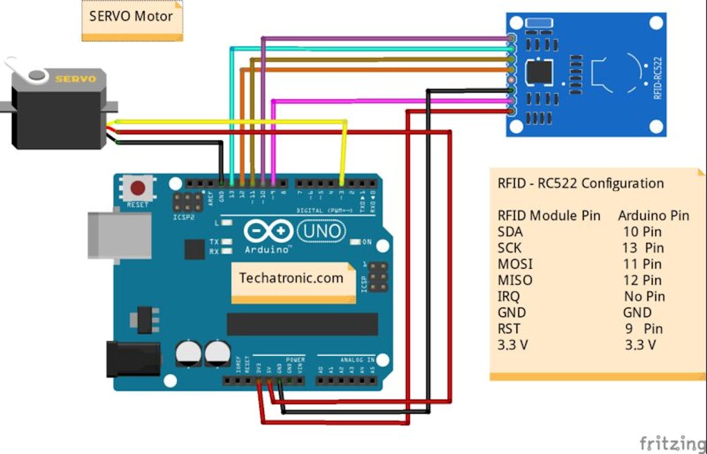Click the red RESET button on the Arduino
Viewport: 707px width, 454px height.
click(138, 189)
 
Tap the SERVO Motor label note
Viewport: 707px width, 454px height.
click(131, 16)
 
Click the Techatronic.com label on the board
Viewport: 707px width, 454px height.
click(291, 278)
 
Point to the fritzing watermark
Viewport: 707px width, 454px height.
click(672, 443)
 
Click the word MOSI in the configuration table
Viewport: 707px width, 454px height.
click(515, 264)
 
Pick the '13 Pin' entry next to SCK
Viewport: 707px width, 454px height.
click(643, 248)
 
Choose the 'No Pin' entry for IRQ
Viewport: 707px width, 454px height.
click(644, 296)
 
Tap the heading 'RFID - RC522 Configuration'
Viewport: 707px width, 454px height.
click(581, 184)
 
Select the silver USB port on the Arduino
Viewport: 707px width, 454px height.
click(119, 235)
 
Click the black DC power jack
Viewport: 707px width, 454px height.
click(133, 359)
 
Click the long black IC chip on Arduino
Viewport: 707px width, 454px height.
click(302, 324)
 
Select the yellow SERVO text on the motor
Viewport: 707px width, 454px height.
click(75, 79)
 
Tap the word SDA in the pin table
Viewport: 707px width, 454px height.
click(510, 232)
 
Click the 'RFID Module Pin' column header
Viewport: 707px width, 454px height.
click(548, 216)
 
